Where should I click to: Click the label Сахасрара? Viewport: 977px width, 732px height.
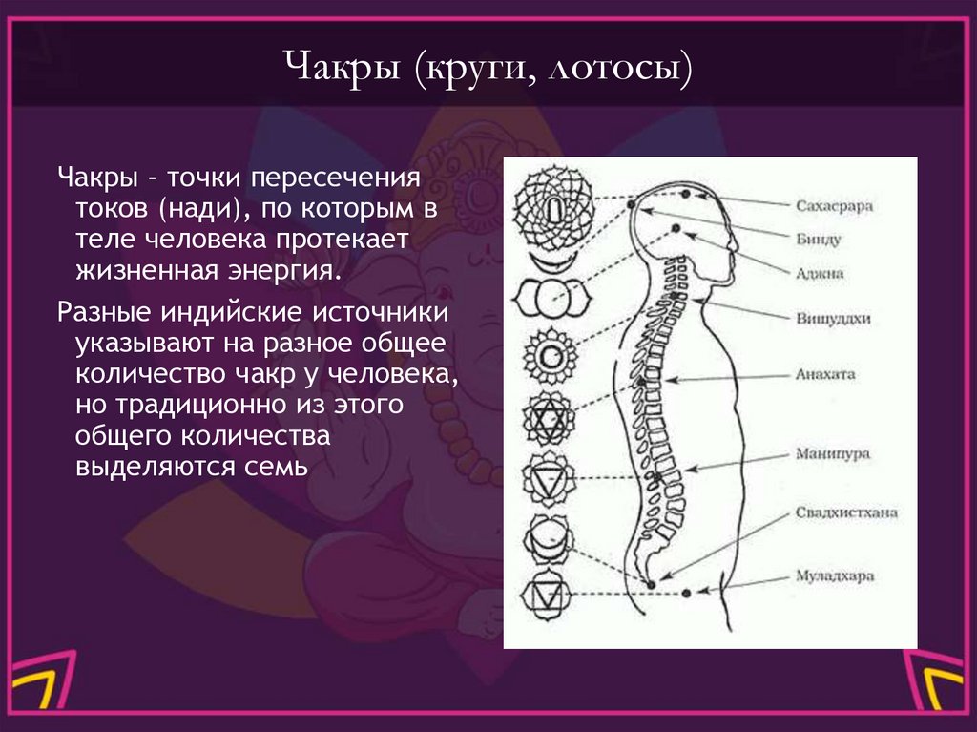coord(834,205)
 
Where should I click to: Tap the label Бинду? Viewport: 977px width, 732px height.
coord(818,239)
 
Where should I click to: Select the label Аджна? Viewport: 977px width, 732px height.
coord(820,272)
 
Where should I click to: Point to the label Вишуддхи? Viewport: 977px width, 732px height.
coord(831,318)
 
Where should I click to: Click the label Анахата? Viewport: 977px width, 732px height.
coord(825,374)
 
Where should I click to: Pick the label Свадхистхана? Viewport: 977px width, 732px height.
coord(845,512)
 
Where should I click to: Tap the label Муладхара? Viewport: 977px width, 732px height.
coord(834,576)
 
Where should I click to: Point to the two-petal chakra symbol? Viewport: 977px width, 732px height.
coord(550,299)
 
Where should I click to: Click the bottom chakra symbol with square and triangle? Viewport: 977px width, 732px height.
coord(549,597)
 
